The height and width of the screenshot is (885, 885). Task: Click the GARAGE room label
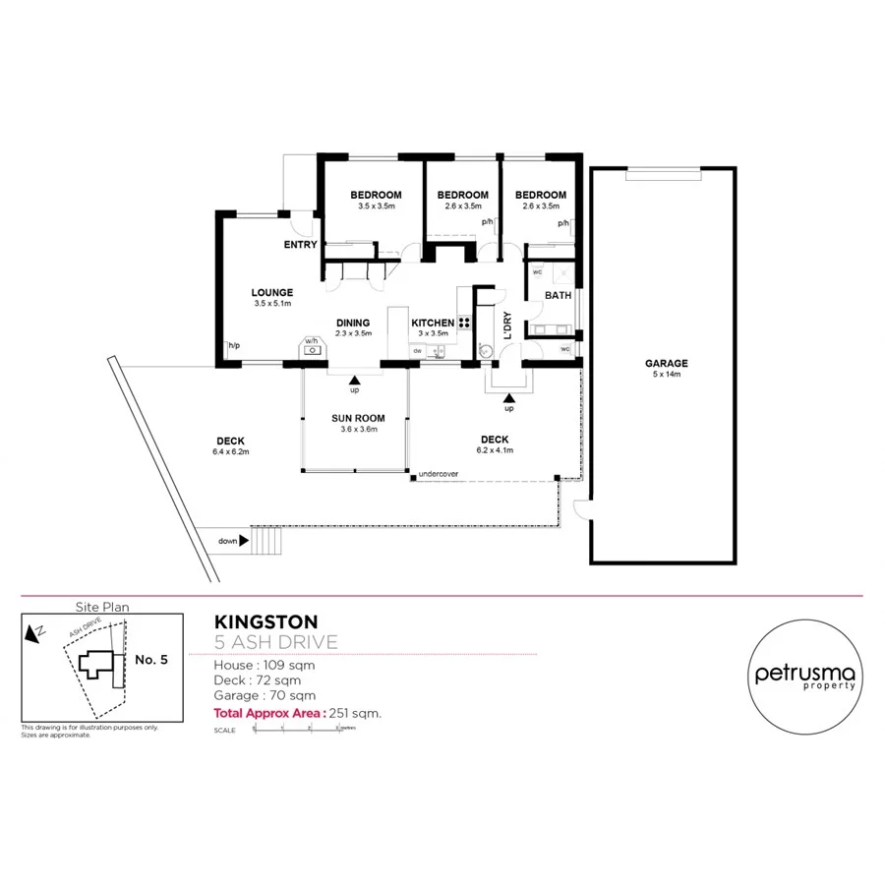coord(667,363)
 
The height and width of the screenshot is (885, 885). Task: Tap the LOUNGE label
coord(271,292)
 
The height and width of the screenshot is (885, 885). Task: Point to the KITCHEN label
coord(433,323)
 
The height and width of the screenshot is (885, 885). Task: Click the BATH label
coord(559,295)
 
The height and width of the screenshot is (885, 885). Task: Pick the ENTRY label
coord(300,245)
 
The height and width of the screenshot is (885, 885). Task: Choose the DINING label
coord(353,323)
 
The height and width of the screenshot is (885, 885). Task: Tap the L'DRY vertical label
coord(507,324)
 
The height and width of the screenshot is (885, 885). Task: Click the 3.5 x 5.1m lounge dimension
coord(271,304)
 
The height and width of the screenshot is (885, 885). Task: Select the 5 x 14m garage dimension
coord(667,375)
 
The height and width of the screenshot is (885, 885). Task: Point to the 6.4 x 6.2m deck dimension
coord(231,451)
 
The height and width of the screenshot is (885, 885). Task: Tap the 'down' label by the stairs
coord(228,540)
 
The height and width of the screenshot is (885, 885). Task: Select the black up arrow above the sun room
coord(354,378)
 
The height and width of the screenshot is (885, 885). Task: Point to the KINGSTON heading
coord(265,621)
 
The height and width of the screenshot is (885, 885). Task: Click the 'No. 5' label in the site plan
coord(150,660)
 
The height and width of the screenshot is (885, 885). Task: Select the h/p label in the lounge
coord(234,346)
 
